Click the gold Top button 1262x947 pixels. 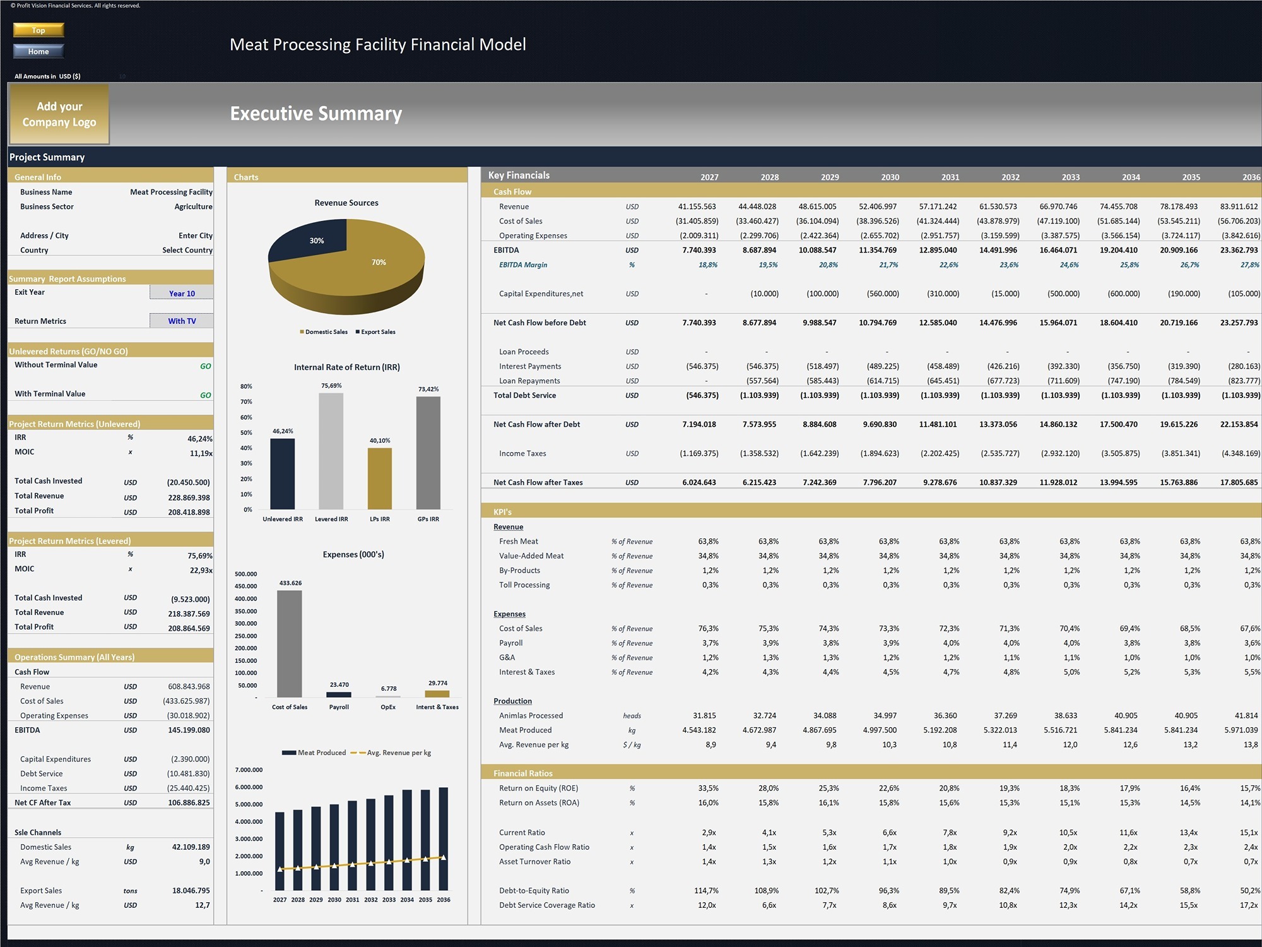click(x=38, y=30)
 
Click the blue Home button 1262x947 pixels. click(x=38, y=51)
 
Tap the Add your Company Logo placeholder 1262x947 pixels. click(x=59, y=114)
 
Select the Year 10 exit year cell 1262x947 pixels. click(x=182, y=293)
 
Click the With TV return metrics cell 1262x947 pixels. click(x=182, y=321)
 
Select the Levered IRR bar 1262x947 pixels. click(x=331, y=451)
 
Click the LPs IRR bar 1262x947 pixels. click(x=380, y=479)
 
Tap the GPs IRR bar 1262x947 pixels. click(x=428, y=453)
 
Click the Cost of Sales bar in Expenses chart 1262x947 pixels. click(x=290, y=644)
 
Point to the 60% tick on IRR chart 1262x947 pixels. click(x=246, y=417)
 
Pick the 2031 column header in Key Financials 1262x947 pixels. click(x=950, y=177)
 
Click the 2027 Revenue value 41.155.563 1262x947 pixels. click(x=697, y=206)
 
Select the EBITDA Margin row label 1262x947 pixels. click(x=523, y=265)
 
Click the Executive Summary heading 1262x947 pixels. click(x=316, y=113)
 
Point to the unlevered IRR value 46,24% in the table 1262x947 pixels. click(x=200, y=438)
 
